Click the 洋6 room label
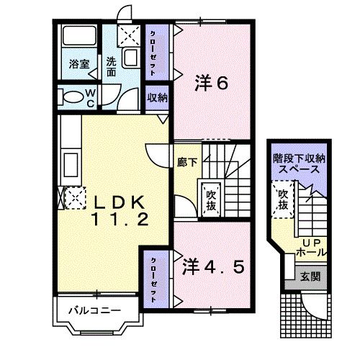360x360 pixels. pos(212,84)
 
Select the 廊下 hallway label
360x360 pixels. pos(186,163)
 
